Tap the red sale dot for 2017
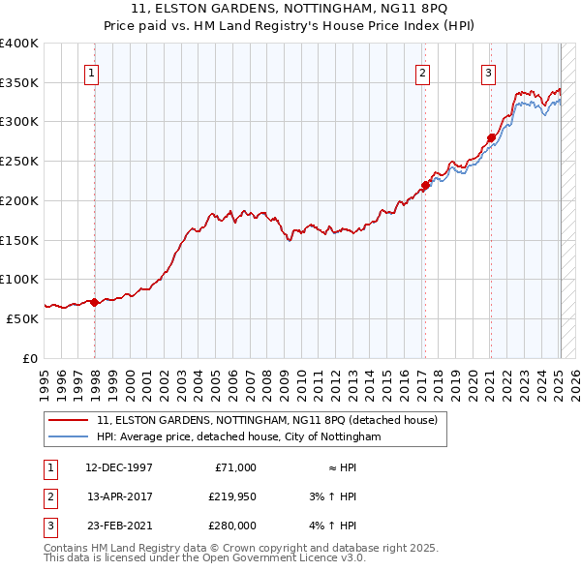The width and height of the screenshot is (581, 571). coord(424,185)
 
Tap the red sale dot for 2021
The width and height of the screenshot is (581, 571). coord(490,137)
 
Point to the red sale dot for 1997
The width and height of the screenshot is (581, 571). coord(94,302)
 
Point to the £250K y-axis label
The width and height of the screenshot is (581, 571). coord(19,161)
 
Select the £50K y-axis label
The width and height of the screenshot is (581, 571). coord(23,317)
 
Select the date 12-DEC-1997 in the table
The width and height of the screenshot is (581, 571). coord(118,467)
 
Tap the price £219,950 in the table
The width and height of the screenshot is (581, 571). coord(231,496)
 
